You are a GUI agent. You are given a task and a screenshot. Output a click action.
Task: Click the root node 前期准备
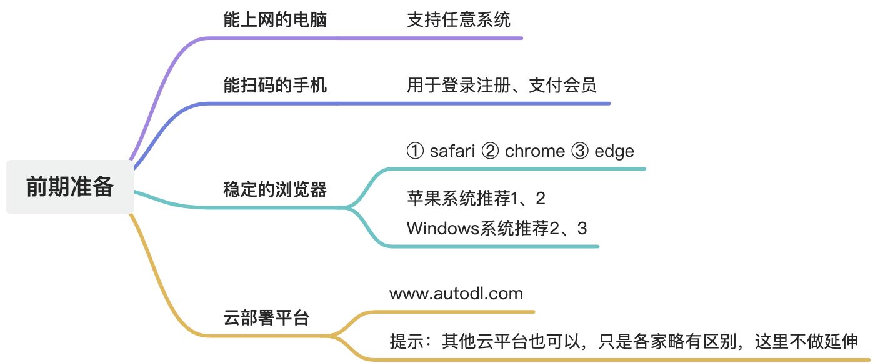69,187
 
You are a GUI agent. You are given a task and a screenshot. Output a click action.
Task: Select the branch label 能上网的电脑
275,19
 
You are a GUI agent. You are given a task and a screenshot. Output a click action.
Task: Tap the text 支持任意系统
458,19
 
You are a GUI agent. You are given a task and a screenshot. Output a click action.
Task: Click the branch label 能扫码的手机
275,85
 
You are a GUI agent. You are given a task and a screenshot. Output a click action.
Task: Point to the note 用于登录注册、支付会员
501,85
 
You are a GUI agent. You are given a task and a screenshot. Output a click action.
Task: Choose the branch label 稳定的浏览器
275,189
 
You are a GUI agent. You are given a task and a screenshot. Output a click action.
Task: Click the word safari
452,151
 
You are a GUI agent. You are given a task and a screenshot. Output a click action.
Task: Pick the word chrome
534,151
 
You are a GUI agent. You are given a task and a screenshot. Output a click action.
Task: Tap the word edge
614,151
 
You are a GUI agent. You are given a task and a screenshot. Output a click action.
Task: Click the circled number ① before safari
415,151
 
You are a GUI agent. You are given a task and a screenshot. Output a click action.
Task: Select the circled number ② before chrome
490,151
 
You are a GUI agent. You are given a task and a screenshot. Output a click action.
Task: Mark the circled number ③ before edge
580,151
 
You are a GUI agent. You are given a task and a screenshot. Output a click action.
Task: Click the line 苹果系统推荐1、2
476,199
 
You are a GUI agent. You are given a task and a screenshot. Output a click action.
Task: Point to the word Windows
442,228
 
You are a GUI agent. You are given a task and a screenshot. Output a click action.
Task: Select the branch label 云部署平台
266,317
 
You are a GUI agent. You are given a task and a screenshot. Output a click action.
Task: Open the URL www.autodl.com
456,293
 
